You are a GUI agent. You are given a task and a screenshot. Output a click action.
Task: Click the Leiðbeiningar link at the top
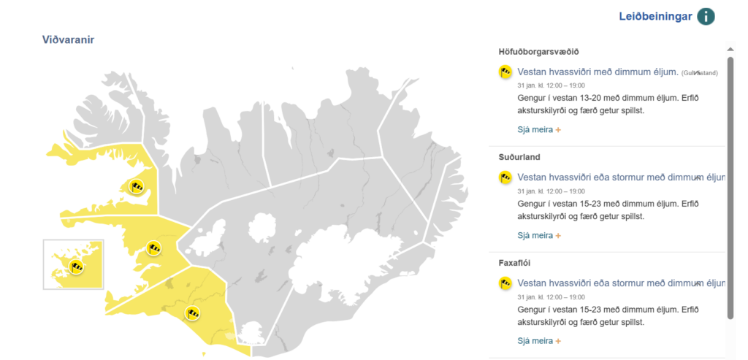click(x=655, y=16)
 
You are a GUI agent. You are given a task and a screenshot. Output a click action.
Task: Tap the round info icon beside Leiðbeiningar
click(x=706, y=16)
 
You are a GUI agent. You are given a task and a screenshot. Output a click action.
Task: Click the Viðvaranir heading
click(x=68, y=39)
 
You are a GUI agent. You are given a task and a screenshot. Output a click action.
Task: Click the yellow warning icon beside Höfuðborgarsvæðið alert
click(x=505, y=72)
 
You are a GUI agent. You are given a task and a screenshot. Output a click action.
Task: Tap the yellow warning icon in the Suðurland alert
click(x=505, y=177)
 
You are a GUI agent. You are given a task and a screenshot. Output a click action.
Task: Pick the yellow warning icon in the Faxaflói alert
click(x=505, y=283)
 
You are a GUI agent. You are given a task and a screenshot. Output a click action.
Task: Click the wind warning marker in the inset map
click(x=77, y=267)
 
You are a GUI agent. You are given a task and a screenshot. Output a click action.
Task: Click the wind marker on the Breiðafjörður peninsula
click(x=137, y=186)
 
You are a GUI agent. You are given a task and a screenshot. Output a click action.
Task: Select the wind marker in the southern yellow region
click(x=193, y=313)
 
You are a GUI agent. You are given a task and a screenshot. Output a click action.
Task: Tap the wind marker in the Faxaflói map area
click(x=153, y=248)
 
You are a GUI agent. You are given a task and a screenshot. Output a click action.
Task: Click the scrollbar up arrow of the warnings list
click(x=730, y=50)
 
